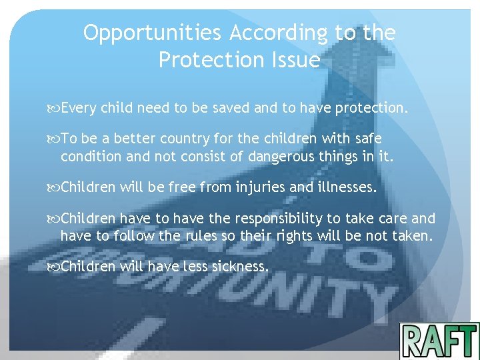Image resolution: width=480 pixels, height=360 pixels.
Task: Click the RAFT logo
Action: click(439, 341)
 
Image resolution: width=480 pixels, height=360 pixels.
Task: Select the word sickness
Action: click(239, 267)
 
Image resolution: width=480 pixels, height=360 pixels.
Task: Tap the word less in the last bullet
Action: click(193, 267)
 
